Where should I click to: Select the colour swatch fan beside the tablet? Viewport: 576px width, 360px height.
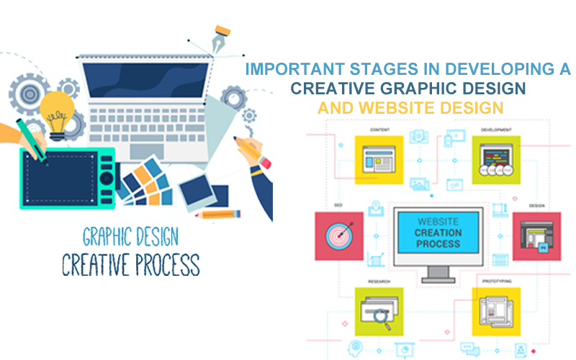(x=144, y=180)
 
